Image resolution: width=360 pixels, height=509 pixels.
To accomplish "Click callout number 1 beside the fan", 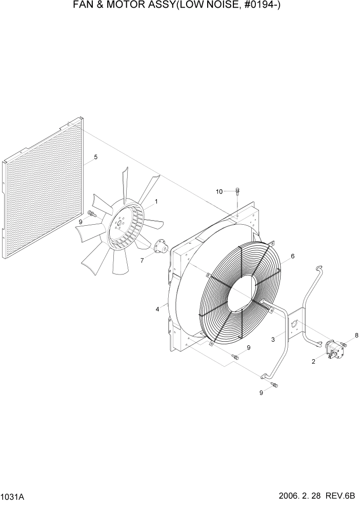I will coord(156,202).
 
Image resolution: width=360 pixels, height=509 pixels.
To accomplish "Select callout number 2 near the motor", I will coord(313,362).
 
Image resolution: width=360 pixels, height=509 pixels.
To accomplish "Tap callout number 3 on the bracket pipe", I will coord(274,339).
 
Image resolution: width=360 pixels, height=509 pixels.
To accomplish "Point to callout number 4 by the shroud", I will coord(157,309).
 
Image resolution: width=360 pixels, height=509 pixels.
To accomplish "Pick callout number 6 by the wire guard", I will coord(292,256).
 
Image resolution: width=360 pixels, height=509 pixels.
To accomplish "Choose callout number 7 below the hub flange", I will coord(143,260).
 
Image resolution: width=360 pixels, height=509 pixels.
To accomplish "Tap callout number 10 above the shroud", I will coord(219,191).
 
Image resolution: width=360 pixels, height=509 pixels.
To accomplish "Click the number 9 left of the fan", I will coord(81,222).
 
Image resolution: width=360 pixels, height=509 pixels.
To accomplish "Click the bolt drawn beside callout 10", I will coord(237,192).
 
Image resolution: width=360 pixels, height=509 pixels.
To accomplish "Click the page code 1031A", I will coord(12,498).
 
